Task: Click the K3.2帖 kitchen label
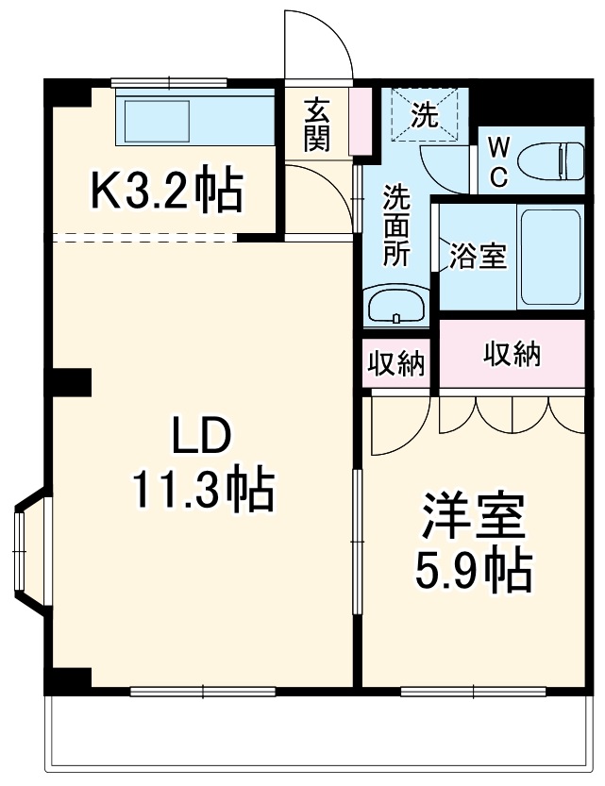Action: point(166,192)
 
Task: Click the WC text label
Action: point(500,162)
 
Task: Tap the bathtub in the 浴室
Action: point(552,257)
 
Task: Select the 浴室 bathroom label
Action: point(478,257)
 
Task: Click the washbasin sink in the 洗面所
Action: point(397,306)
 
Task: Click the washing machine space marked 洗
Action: point(424,115)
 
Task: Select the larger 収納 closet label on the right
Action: point(512,354)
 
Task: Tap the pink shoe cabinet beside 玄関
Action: point(360,122)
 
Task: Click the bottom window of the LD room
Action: point(203,692)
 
